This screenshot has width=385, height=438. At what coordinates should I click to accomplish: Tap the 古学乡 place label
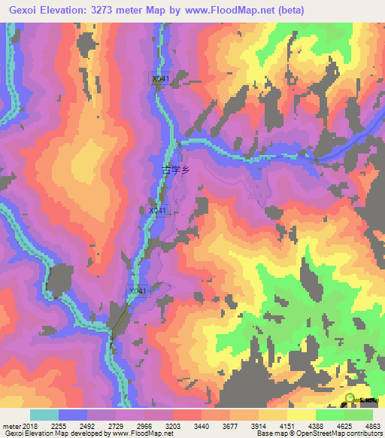point(177,170)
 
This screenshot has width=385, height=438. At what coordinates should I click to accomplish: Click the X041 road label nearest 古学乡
point(157,210)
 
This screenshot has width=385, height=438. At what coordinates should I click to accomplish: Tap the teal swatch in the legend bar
point(44,415)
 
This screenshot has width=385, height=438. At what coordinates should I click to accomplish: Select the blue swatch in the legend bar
point(73,415)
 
